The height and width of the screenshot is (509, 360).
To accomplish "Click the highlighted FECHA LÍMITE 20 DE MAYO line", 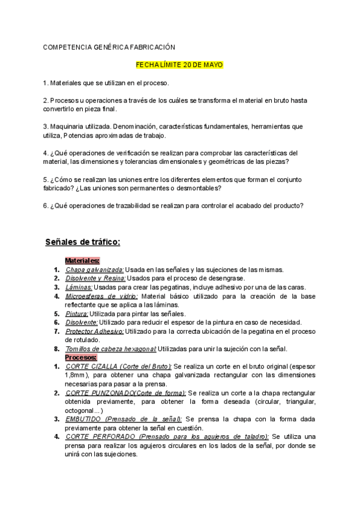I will click(179, 64).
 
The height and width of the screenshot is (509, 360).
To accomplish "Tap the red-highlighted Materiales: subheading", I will click(82, 261).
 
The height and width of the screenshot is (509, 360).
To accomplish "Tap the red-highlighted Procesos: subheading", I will click(81, 357).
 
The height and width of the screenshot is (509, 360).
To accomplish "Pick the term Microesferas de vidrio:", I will click(101, 296).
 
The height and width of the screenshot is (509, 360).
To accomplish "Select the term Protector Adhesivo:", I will click(95, 331).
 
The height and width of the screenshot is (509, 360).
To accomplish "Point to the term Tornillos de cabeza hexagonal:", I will click(111, 349).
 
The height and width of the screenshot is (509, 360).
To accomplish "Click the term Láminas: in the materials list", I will click(79, 287).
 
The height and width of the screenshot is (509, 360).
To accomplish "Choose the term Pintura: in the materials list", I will click(77, 313).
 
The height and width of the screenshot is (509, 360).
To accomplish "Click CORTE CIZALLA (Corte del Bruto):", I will click(118, 366).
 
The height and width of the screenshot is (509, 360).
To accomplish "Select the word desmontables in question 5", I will click(194, 188).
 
